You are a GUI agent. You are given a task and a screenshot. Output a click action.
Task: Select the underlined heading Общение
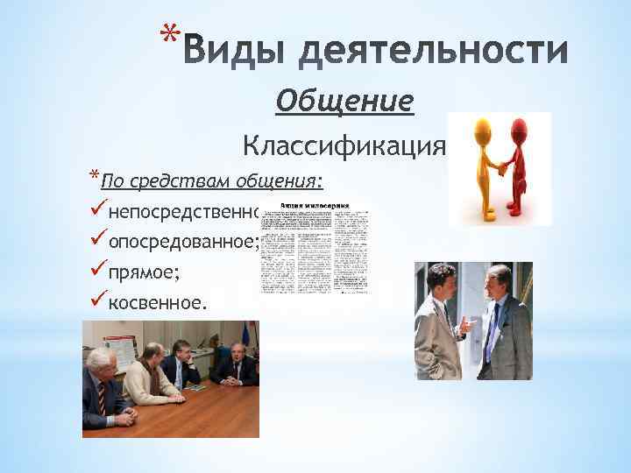(344, 102)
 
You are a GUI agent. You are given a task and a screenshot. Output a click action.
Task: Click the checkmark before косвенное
(97, 301)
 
